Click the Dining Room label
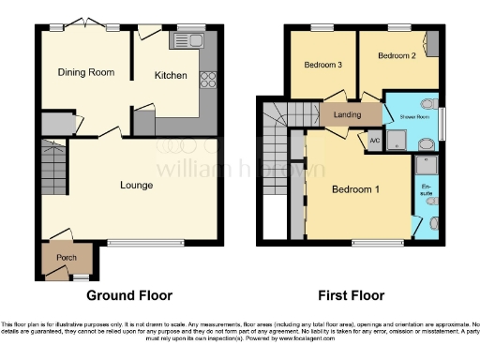click(x=85, y=72)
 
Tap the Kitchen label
click(x=171, y=75)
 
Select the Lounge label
click(x=136, y=185)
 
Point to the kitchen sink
click(x=194, y=41)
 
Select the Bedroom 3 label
click(x=322, y=65)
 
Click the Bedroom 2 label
click(x=396, y=56)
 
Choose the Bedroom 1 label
click(x=356, y=190)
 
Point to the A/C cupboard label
click(x=374, y=142)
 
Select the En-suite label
click(x=427, y=194)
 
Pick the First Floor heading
click(x=352, y=295)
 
